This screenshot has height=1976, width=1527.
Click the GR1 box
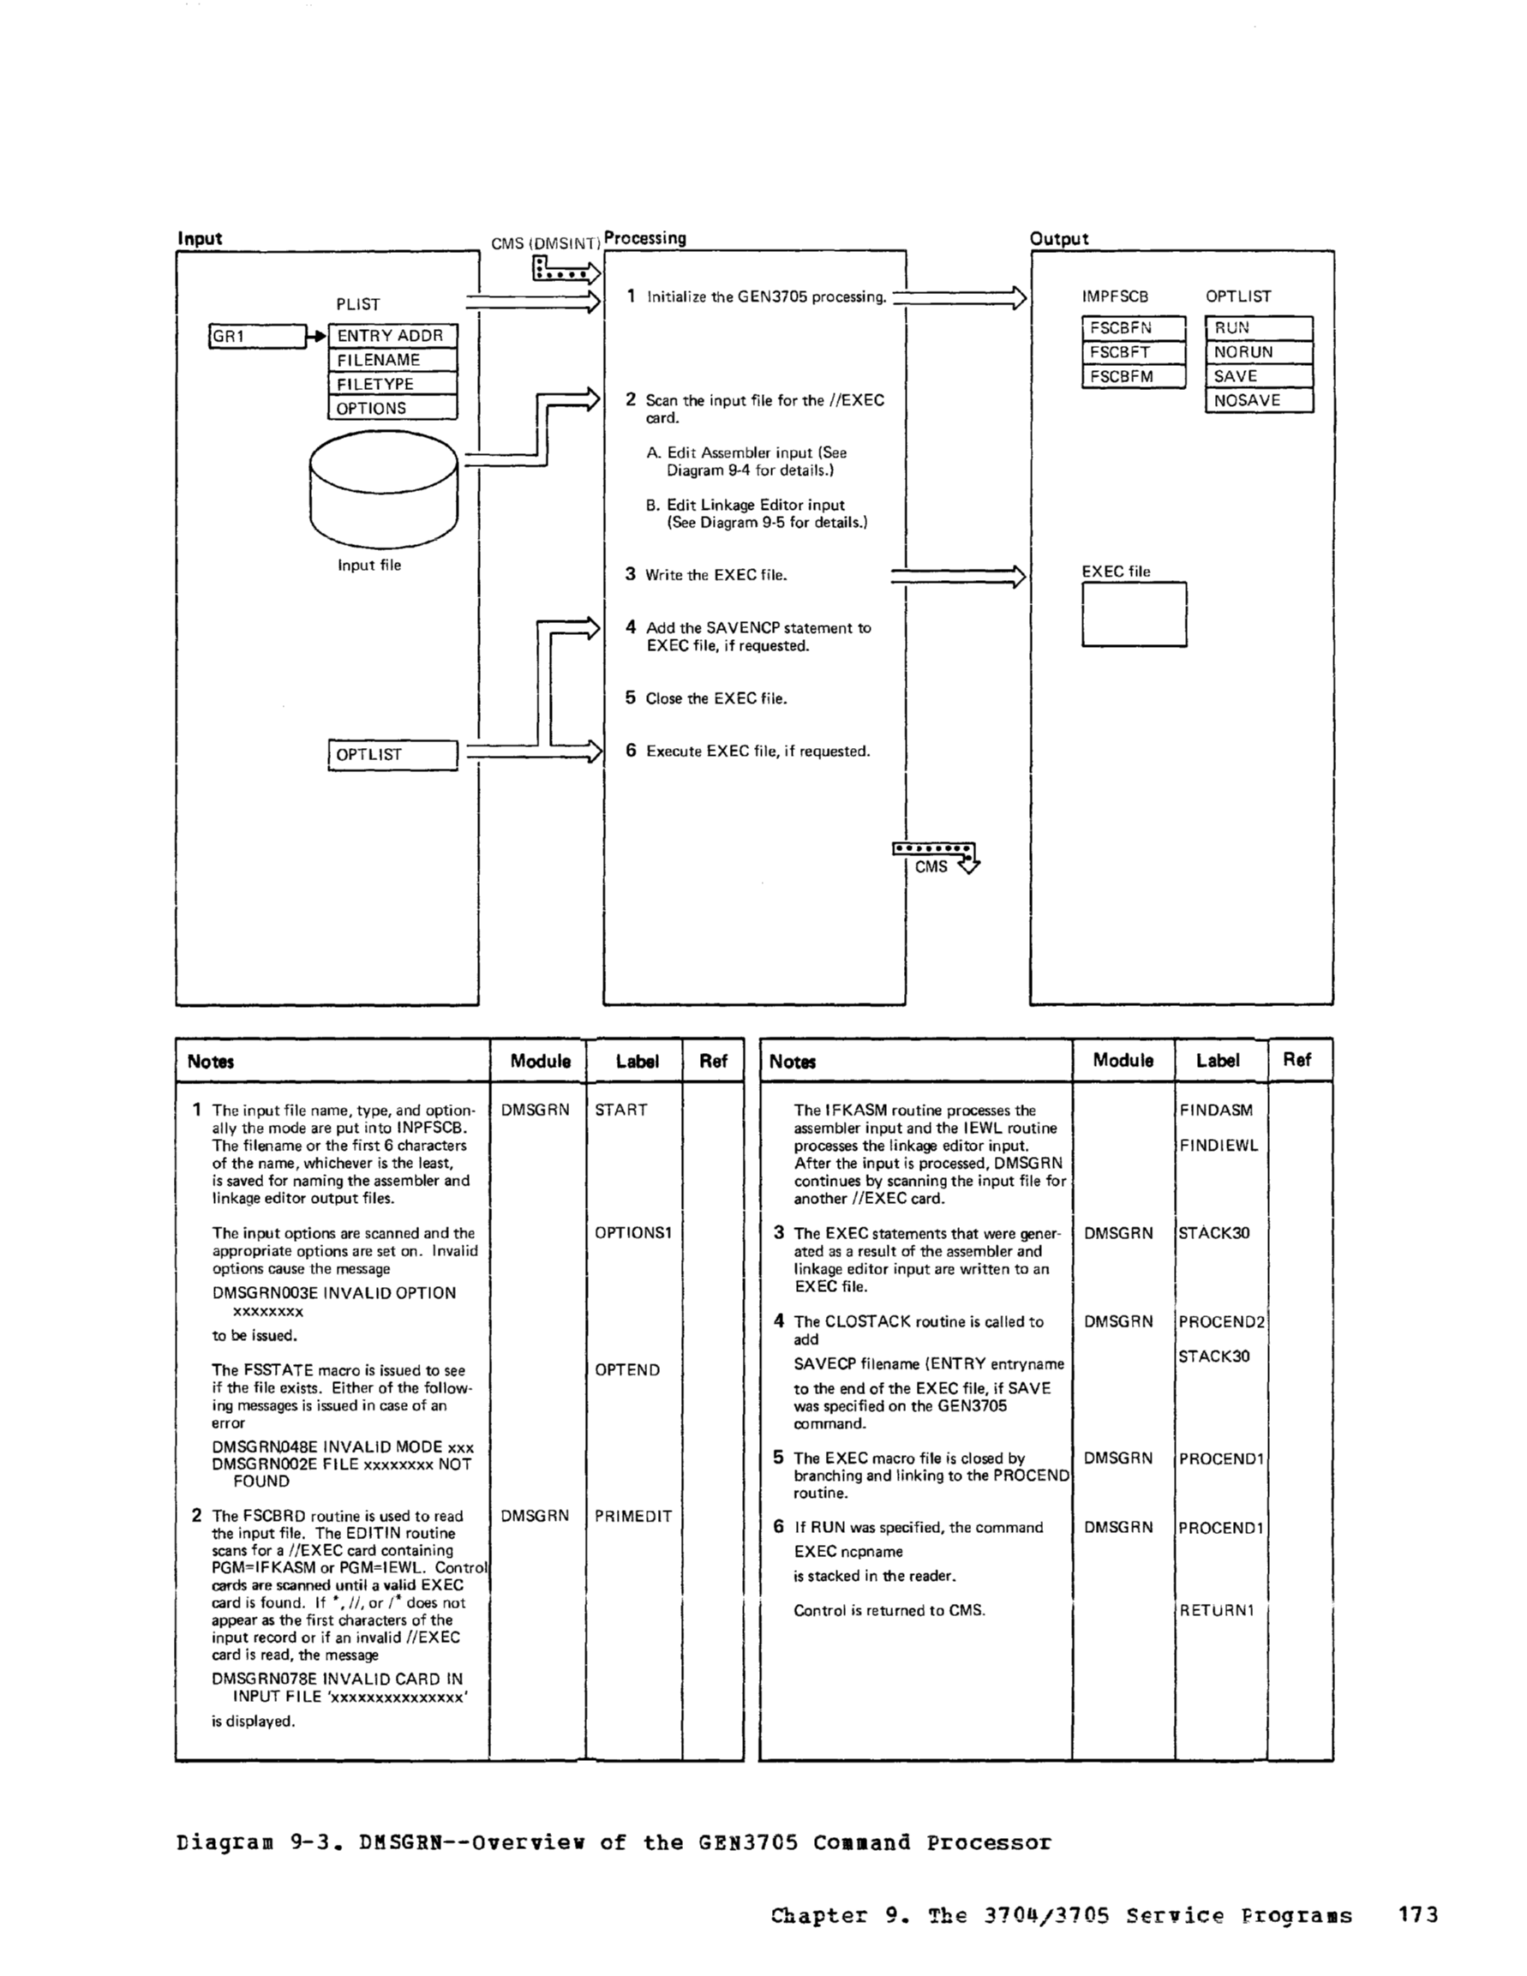(257, 337)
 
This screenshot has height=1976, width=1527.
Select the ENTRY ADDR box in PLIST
(392, 336)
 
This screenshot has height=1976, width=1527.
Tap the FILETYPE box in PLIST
(392, 385)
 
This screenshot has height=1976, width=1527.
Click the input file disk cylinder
(384, 489)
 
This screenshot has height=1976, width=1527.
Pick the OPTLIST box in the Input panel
(392, 755)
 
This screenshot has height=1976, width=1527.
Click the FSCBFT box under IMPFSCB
(1133, 352)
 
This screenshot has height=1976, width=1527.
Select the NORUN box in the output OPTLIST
(1258, 352)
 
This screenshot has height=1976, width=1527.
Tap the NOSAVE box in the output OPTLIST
(1258, 401)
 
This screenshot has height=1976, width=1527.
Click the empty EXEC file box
(1134, 614)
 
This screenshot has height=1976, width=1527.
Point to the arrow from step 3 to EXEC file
(958, 576)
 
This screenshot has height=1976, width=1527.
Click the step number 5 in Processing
(631, 698)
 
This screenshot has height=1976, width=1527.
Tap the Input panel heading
(200, 239)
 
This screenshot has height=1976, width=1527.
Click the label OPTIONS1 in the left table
(633, 1233)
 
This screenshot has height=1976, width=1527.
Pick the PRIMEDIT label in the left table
(633, 1517)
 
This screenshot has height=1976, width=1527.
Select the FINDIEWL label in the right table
(1218, 1146)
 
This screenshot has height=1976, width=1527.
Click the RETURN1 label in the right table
(1217, 1610)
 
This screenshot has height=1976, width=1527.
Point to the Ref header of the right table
(1296, 1059)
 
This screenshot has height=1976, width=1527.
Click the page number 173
(1417, 1914)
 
